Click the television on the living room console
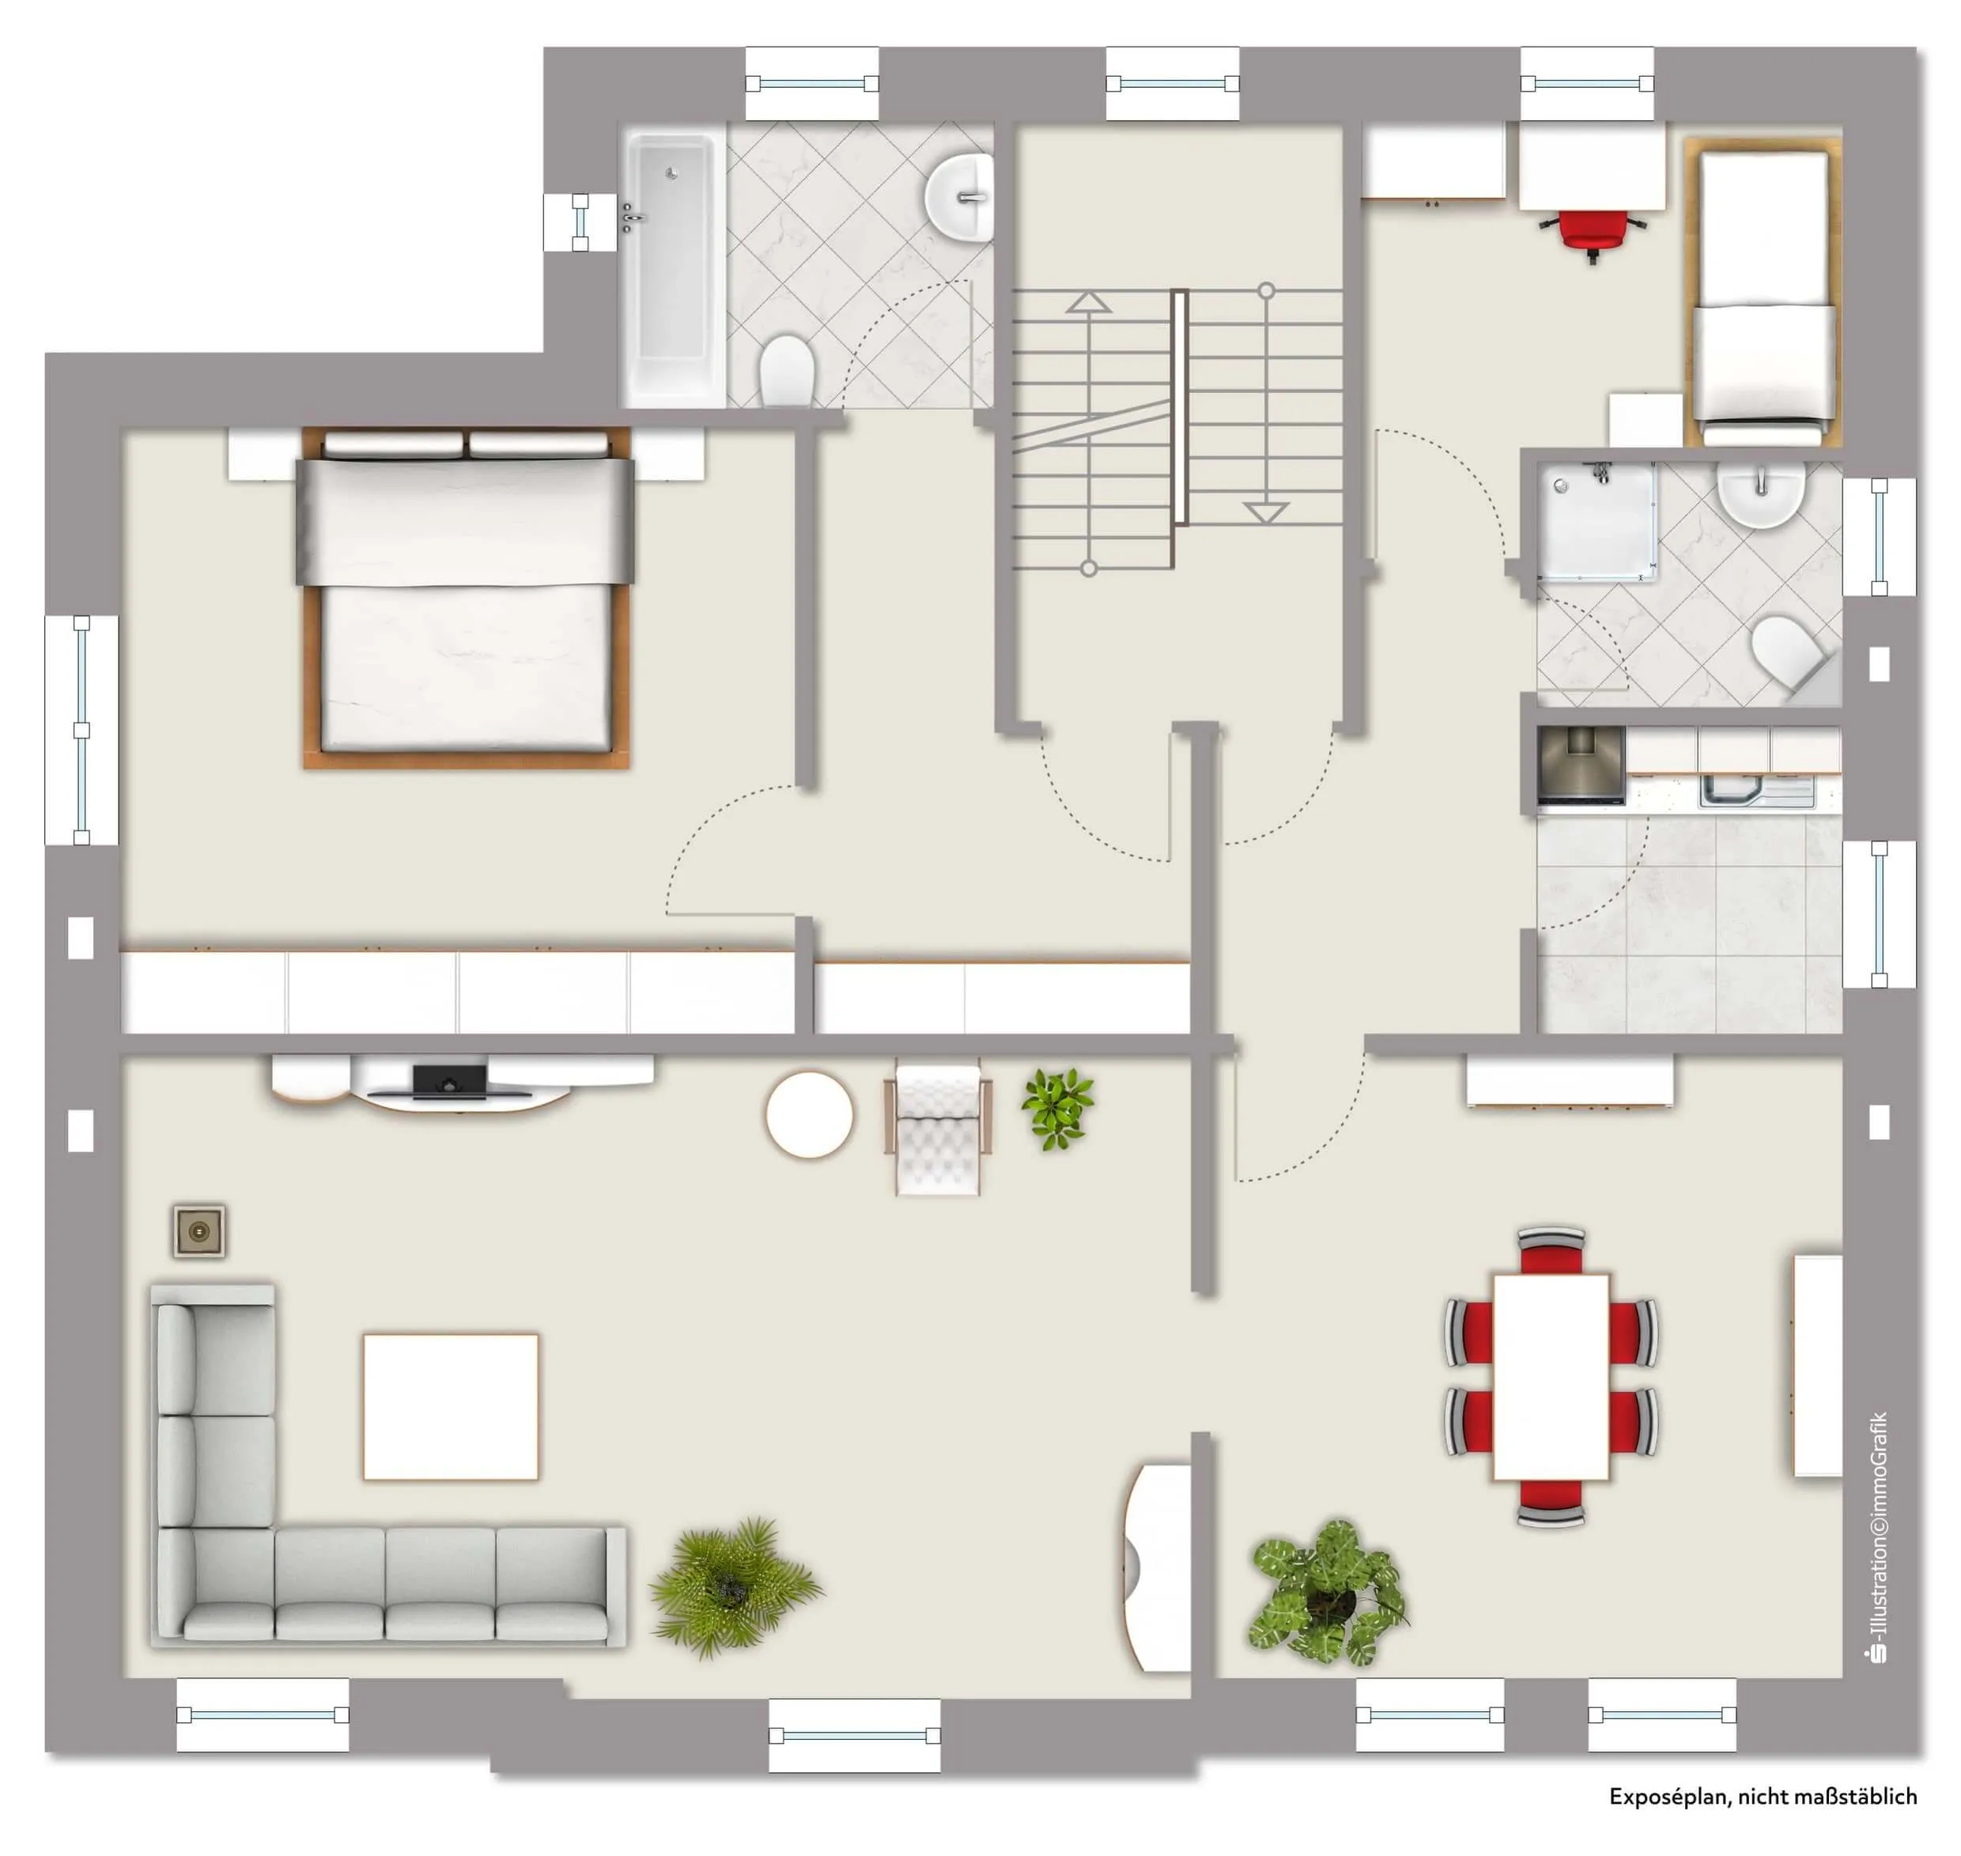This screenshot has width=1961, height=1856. tap(450, 1080)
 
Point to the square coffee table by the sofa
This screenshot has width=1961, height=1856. tap(450, 1406)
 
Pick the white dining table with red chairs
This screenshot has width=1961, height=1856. tap(1551, 1376)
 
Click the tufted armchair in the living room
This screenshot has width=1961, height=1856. tap(937, 1128)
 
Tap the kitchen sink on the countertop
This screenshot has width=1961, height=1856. tap(1757, 791)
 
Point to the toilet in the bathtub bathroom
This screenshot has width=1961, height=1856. tap(787, 370)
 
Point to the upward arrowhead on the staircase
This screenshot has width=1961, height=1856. tap(1088, 302)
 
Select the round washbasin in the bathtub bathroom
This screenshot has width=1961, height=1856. tap(961, 198)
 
